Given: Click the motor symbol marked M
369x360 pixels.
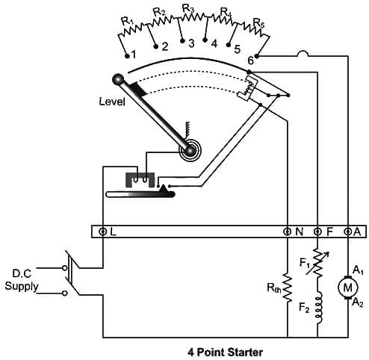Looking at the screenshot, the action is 347,288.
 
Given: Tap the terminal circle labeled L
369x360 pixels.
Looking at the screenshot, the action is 102,232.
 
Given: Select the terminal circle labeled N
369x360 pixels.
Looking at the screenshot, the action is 288,232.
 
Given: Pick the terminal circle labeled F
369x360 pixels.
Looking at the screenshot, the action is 317,232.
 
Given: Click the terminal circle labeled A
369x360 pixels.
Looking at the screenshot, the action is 347,232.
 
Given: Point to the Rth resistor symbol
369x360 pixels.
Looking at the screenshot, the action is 288,288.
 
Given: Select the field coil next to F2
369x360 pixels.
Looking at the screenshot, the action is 319,308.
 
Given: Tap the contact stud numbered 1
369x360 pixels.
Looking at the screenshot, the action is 127,56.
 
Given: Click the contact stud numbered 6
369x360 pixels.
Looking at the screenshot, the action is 257,57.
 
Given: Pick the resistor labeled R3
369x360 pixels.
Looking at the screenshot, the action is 193,17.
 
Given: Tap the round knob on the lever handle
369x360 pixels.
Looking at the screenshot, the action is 118,80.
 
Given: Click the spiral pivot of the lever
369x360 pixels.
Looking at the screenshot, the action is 190,150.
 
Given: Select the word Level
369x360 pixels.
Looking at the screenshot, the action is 112,102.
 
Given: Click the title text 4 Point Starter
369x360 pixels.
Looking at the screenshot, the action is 225,353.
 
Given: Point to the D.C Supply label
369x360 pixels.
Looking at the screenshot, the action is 22,280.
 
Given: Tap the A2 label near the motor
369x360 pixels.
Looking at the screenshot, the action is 358,303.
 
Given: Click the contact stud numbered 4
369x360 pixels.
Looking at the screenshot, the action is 205,40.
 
